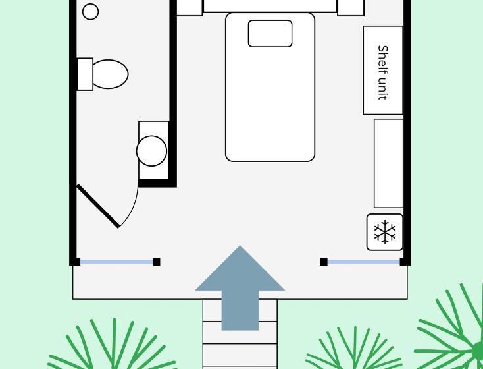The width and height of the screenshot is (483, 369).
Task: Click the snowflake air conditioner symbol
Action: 385,232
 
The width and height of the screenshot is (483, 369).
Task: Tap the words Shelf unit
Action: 382,72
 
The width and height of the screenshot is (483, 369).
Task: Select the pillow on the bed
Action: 270,34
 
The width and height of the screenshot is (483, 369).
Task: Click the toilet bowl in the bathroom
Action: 110,74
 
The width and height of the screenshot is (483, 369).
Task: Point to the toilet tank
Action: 85,74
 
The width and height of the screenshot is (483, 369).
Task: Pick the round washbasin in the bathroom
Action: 152,151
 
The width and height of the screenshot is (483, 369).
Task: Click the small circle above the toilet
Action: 91,11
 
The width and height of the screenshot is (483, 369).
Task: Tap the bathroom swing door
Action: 98,206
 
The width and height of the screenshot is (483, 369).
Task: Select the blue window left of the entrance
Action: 116,262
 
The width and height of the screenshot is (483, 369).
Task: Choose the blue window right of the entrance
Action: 363,262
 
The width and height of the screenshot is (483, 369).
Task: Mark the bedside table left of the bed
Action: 189,7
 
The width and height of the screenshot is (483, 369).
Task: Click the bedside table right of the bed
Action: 351,7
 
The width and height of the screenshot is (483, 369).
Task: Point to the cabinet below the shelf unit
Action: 388,163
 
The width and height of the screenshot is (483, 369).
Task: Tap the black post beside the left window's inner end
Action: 157,262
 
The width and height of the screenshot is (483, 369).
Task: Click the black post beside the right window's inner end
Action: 324,262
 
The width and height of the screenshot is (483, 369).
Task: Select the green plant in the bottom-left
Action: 112,349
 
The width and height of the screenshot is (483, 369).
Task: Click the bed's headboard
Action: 270,6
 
